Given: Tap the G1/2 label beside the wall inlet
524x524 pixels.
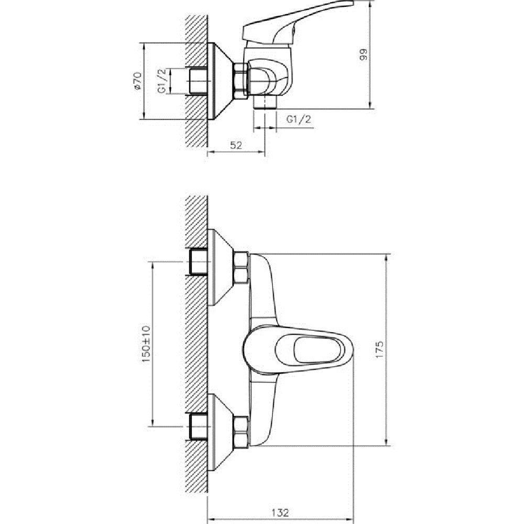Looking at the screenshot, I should pos(162,82).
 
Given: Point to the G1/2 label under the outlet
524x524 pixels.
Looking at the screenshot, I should pos(299,119).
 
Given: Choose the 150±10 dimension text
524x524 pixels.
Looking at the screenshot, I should pos(146,343).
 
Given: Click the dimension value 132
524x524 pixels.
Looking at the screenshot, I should pos(280,512).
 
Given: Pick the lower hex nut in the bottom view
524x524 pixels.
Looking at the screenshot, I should pos(242,431).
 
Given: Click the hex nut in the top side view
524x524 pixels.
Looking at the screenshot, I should pos(241,79).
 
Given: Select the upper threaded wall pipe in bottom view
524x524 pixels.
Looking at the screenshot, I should pos(198,262).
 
